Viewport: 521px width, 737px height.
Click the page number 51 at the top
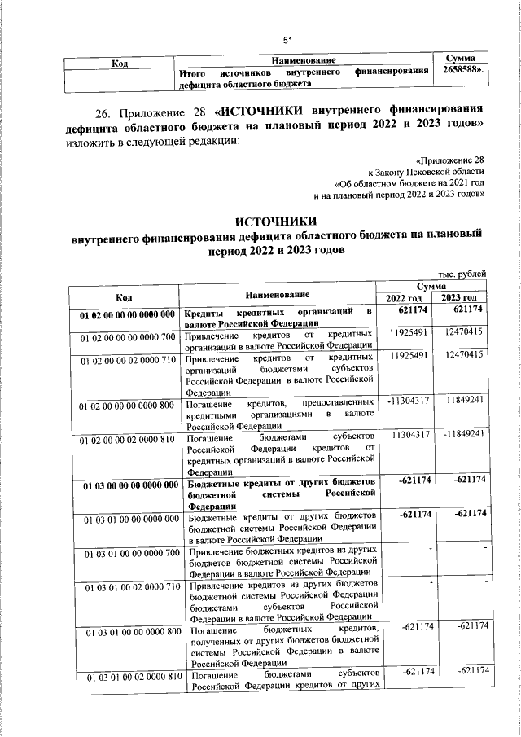pos(287,40)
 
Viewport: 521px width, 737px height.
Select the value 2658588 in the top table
pos(461,72)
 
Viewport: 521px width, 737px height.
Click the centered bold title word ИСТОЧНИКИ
pos(276,222)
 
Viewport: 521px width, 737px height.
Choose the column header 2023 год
pos(461,298)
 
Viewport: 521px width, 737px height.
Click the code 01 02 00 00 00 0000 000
pos(128,314)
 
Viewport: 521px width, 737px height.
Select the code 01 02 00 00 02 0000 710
pos(128,358)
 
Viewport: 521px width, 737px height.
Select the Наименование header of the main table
pos(277,293)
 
